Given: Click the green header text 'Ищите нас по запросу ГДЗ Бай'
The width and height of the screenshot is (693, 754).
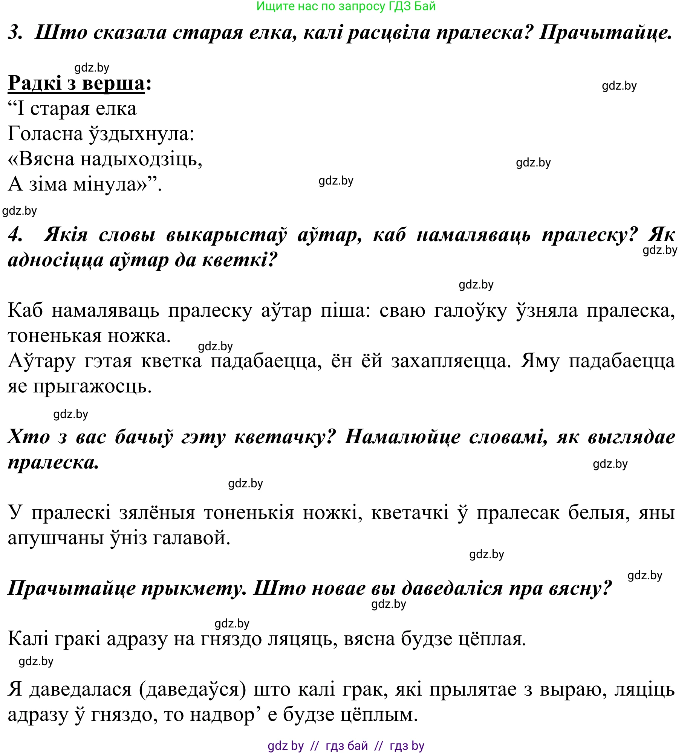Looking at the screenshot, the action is pos(346,6).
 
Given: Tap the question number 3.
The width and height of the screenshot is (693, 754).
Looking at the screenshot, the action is pos(15,33).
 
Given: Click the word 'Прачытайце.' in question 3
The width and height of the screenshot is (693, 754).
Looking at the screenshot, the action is pos(606,33).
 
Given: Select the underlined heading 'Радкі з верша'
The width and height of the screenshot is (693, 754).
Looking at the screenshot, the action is pos(76,83).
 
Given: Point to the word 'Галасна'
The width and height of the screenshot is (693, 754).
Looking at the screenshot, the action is pos(45,134).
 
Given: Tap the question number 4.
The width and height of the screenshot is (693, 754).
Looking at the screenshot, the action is pos(15,235).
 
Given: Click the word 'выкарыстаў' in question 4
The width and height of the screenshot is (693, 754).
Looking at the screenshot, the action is pos(226,235).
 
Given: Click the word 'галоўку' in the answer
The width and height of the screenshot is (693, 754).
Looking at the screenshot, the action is pos(470,311).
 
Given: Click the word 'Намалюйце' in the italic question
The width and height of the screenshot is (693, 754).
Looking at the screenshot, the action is pos(402,437).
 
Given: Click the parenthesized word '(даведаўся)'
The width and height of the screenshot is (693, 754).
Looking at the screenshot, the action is pos(193,690).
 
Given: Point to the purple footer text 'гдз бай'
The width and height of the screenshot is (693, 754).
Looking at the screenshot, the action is pos(347,746).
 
